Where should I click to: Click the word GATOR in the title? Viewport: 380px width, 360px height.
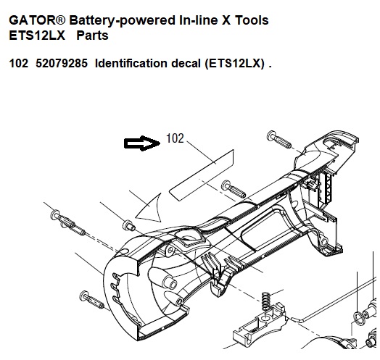(33, 20)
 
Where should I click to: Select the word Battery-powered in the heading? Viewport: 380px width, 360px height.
(123, 20)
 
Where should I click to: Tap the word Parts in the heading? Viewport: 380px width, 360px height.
(92, 35)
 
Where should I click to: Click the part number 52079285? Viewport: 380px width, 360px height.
(62, 64)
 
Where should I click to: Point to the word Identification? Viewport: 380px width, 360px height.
(131, 64)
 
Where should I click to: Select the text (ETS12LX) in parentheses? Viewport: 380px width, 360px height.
(235, 64)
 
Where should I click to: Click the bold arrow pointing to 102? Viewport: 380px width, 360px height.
(142, 143)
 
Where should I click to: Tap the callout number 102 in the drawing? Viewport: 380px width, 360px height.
(175, 138)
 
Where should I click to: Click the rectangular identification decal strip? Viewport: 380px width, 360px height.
(202, 175)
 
